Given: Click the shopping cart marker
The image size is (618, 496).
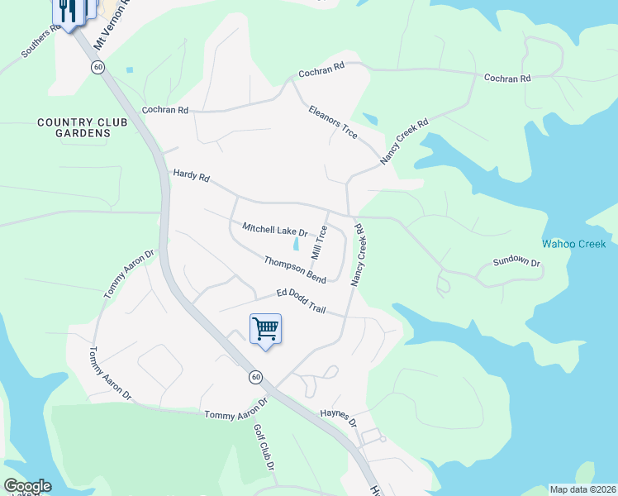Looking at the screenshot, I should pos(265,329).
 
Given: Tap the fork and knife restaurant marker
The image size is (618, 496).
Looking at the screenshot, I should pos(68,11).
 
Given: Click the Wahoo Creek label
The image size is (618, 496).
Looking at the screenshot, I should pos(573,244).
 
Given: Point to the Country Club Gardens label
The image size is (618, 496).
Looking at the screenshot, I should pos(83,127).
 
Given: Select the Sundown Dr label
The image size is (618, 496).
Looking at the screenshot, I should pos(516,262).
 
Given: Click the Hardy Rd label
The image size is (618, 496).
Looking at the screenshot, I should pos(192,176).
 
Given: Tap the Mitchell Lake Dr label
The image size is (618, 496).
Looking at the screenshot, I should pos(274,230).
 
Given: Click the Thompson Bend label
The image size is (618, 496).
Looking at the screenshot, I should pos(295,269).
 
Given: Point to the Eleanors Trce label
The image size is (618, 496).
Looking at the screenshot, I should pos(332,122).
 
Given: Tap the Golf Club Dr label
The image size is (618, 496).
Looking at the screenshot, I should pos(264,447).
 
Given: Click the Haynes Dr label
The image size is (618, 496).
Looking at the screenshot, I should pos(337,417).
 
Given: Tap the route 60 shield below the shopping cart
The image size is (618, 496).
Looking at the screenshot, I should pos(256,376).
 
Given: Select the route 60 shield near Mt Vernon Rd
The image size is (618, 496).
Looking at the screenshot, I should pos(97,67).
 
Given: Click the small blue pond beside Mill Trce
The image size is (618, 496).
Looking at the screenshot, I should pos(296,244).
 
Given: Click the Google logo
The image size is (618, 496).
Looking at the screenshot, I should pos(27,486).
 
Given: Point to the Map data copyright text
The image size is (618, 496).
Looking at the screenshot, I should pos(582,489).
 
